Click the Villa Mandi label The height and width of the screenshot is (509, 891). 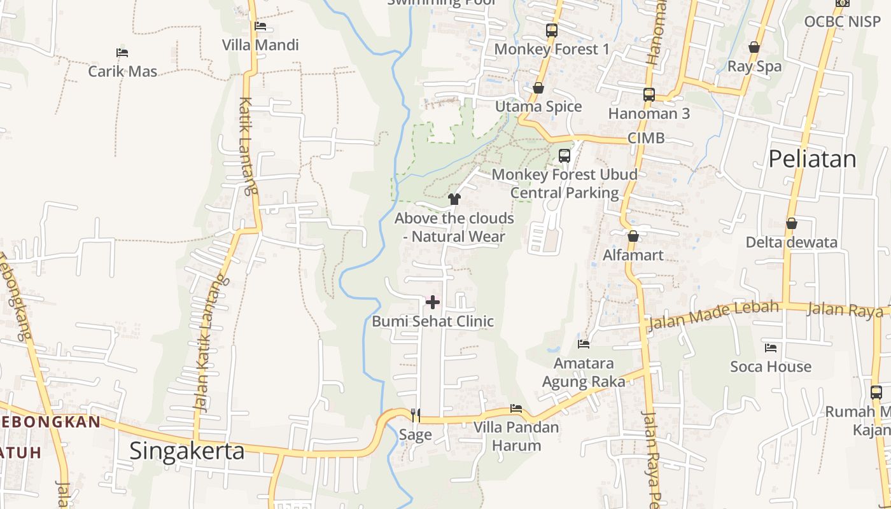coord(260,45)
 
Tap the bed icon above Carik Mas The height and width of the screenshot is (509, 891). coord(122,52)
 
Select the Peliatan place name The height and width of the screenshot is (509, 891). coord(813,159)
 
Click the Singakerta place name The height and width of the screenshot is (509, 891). coord(187,450)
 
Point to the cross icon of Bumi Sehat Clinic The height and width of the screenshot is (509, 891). coord(433,302)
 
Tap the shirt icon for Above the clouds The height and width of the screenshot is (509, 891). coord(454,199)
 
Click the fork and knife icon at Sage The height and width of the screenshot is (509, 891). coord(416,415)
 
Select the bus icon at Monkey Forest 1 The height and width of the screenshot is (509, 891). coord(552,30)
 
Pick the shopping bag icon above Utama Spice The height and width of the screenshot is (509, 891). coord(538,88)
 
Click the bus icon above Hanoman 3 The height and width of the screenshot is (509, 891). coord(649,95)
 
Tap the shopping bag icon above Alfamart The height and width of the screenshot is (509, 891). coord(633,236)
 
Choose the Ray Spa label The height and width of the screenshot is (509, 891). coord(754,66)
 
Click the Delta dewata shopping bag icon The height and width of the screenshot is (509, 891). coord(792,223)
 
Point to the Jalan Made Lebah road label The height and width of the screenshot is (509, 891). coord(713,315)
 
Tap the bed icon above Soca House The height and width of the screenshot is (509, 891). coord(771,348)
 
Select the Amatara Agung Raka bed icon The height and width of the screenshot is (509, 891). coord(584,344)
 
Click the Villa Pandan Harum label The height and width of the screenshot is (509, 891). coord(516,436)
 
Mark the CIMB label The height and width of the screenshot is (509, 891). coord(646,138)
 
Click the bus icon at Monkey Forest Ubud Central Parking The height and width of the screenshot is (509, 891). coord(565,155)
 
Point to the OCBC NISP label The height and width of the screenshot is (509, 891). coord(842,22)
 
